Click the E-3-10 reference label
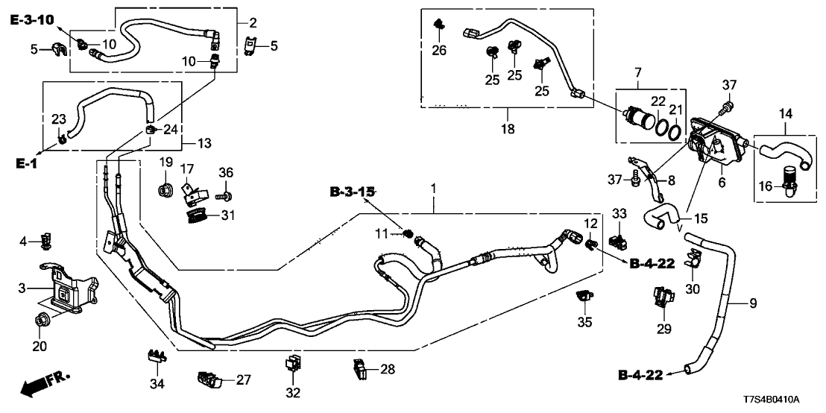[x=32, y=21]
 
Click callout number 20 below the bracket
[x=40, y=346]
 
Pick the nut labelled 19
[x=165, y=188]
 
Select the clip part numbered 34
[x=155, y=356]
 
